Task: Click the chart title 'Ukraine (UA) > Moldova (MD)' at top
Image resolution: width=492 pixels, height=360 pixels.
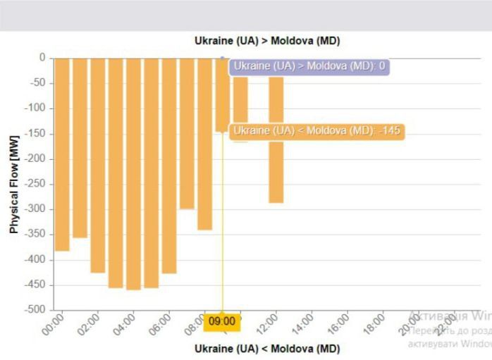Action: (267, 41)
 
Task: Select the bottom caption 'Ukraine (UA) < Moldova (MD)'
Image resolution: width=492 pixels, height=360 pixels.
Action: (267, 349)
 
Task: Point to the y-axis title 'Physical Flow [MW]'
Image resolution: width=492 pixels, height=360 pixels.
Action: (14, 185)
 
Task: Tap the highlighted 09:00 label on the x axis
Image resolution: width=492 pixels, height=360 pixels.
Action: (222, 322)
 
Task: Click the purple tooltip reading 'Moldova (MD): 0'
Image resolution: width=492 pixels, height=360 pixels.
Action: (309, 66)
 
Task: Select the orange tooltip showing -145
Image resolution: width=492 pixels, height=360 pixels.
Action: (317, 131)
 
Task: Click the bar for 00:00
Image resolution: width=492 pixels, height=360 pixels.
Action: (62, 154)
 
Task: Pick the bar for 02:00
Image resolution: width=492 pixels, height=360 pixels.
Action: (97, 165)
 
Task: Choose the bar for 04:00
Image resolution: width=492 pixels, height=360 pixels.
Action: (133, 173)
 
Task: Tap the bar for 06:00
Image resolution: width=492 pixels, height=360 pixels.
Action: (169, 165)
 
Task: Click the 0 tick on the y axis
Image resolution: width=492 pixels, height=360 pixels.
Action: (42, 58)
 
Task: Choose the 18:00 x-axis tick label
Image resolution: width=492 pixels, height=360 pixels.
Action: (374, 325)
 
